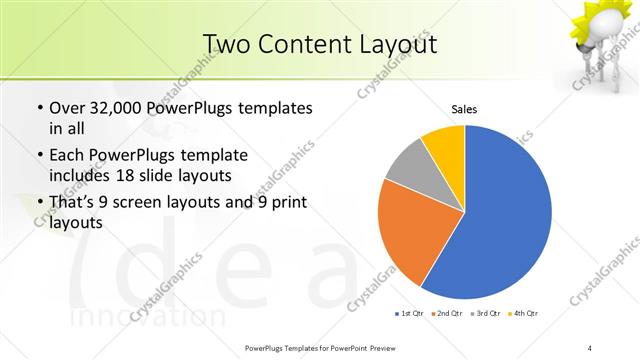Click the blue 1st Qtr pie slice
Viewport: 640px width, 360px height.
click(x=500, y=215)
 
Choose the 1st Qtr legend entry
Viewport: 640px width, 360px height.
click(x=410, y=313)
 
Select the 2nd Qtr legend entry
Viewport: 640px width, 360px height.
click(x=446, y=313)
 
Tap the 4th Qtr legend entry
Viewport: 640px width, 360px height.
click(x=523, y=313)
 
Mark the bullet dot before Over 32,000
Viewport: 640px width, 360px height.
click(x=39, y=109)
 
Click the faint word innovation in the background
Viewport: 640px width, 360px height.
click(x=134, y=314)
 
